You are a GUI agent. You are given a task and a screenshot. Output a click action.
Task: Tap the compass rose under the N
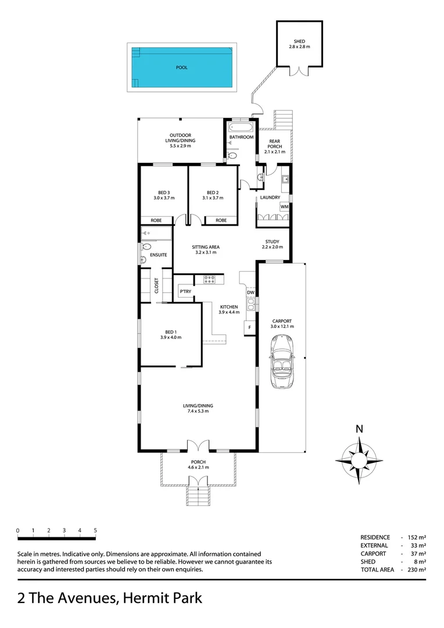[x=359, y=459]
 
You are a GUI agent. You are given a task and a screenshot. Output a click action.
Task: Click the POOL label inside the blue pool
[x=182, y=67]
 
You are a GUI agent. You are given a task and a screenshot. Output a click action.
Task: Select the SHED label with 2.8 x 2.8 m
[x=299, y=44]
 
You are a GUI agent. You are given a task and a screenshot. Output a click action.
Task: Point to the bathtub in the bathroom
[x=239, y=126]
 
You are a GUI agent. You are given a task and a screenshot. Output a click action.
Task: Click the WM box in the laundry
[x=284, y=207]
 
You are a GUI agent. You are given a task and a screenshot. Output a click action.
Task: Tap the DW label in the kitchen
[x=250, y=292]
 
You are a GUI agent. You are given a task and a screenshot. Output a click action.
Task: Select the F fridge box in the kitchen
[x=250, y=328]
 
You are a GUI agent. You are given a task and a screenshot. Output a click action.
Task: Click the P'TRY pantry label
[x=185, y=291]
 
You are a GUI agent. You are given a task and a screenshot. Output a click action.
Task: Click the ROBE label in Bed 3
[x=156, y=220]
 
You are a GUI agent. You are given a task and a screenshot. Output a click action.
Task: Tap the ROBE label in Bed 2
[x=221, y=220]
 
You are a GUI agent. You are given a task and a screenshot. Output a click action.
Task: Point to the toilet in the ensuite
[x=146, y=247]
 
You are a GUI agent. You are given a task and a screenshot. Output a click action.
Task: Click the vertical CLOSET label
[x=156, y=286]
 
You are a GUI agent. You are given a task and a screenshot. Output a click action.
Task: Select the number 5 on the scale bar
[x=95, y=530]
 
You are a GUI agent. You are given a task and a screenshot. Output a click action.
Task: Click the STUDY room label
[x=272, y=242]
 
